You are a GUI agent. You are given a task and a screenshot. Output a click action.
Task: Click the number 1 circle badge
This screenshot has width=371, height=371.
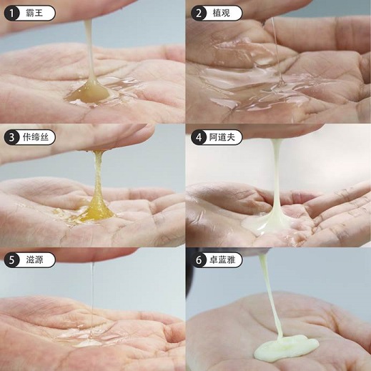coord(11,13)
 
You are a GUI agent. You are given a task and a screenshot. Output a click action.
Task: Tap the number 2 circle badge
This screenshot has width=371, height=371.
coord(199,13)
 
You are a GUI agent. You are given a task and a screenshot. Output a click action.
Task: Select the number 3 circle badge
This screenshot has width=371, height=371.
coord(11,137)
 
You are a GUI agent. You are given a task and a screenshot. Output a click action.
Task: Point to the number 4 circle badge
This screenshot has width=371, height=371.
coord(199,137)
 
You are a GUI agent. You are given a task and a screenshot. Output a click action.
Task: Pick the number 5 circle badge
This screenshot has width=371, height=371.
coord(11,259)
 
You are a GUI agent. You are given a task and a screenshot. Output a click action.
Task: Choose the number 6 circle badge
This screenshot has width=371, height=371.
coord(199,259)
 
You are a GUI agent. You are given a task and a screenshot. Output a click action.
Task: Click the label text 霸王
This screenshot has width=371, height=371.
coord(34,13)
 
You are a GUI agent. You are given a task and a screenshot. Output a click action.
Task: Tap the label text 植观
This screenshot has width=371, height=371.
coord(222,13)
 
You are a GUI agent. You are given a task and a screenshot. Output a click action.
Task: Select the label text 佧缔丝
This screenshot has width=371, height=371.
coord(36,137)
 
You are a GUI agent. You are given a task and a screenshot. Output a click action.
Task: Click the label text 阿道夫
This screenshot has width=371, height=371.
coord(222,137)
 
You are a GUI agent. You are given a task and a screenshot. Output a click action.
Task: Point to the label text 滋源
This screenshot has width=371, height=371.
coord(34,259)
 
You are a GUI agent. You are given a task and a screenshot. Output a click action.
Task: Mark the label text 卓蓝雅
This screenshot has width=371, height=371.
coord(222,259)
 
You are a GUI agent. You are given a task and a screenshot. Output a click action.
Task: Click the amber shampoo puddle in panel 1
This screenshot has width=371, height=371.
coord(89,94)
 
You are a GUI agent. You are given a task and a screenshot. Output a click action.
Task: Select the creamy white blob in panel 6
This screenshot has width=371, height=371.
coord(286,347)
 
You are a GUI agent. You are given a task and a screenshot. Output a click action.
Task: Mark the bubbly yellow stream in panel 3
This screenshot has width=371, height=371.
coord(98,177)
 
